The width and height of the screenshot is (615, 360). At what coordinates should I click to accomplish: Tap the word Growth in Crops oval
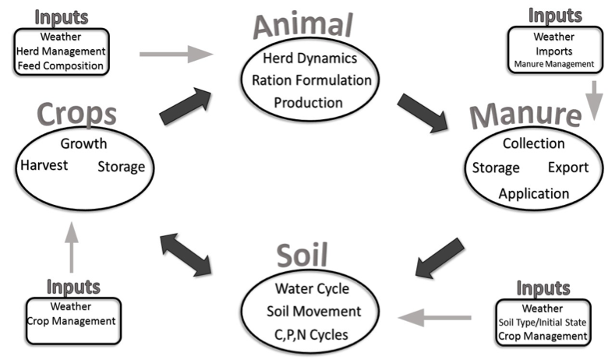[x=83, y=143]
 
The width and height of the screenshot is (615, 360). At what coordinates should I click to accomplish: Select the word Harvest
[x=44, y=166]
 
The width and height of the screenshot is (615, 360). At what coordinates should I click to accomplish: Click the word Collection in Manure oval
[x=534, y=143]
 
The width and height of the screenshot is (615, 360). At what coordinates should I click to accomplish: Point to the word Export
[x=567, y=168]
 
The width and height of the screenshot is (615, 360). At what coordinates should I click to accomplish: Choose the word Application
[x=534, y=192]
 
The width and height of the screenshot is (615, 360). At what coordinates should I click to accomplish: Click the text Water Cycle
[x=312, y=289]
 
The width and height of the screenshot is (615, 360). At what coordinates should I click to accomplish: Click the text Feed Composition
[x=62, y=66]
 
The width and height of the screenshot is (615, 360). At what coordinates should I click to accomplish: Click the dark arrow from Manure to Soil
[x=441, y=259]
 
